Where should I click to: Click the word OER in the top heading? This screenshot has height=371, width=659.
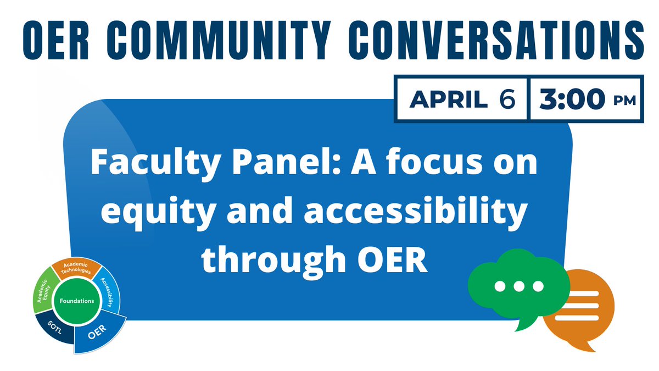(54, 38)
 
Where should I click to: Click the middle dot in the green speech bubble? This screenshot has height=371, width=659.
(518, 286)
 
